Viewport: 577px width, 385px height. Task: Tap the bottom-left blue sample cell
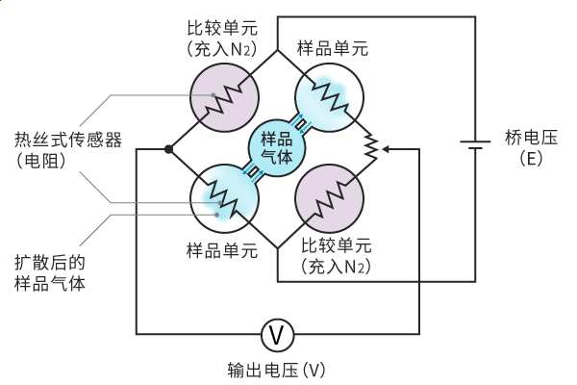coord(223,199)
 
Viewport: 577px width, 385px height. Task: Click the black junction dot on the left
coord(169,149)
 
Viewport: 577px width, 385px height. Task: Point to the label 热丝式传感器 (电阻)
coord(55,149)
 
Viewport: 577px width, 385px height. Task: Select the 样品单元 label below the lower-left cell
coord(222,251)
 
